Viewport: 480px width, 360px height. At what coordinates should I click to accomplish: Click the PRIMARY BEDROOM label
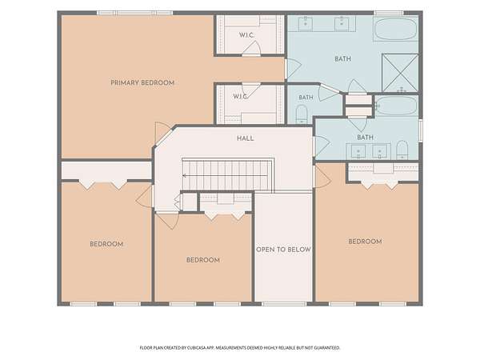point(142,82)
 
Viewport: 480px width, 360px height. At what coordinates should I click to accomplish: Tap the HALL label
point(246,138)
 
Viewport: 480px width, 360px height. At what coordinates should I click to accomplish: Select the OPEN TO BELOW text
point(283,250)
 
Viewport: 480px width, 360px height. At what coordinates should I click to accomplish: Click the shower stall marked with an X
point(400,73)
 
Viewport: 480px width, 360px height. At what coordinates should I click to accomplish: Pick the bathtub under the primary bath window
point(396,30)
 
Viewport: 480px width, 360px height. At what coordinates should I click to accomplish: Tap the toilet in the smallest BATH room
point(302,114)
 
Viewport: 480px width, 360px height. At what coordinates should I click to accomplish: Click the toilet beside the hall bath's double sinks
point(402,150)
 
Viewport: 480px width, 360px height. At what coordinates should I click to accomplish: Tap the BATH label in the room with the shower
point(343,58)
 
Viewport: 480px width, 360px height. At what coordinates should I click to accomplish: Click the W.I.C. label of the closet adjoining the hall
point(240,97)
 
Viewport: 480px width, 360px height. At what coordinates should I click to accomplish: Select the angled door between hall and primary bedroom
point(163,133)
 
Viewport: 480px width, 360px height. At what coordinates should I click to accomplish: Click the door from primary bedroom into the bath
point(293,68)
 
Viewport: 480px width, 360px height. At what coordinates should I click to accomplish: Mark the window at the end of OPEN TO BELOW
point(284,304)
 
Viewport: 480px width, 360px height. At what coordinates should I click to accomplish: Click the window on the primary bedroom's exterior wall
point(135,13)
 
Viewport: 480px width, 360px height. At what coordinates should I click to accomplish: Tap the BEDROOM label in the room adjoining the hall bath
point(366,242)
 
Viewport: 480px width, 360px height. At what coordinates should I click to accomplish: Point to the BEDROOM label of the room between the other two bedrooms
point(203,260)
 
